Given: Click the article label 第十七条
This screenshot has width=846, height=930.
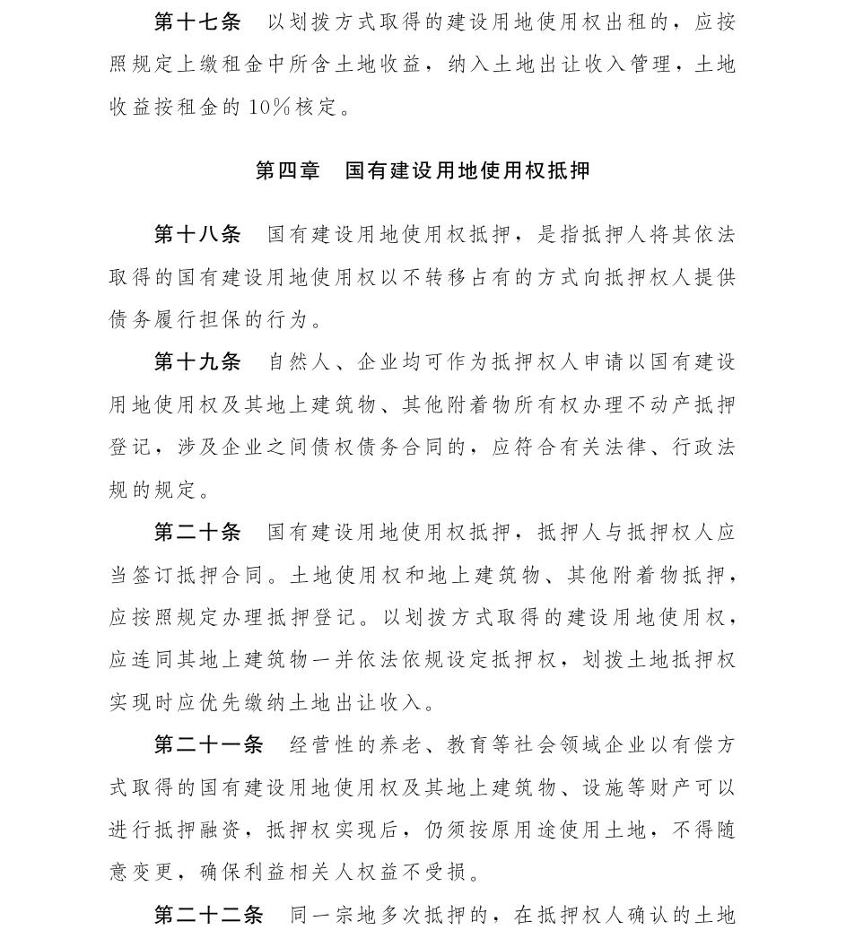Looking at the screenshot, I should [x=197, y=22].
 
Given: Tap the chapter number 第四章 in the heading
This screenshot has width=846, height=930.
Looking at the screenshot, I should [x=287, y=170].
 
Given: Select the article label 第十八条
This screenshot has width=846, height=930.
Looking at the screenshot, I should [x=197, y=235].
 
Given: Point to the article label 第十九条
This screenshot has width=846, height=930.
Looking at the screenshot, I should [x=197, y=362].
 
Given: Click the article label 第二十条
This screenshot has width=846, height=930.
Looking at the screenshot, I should [x=197, y=533].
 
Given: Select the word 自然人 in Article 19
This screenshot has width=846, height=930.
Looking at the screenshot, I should [x=300, y=362].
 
